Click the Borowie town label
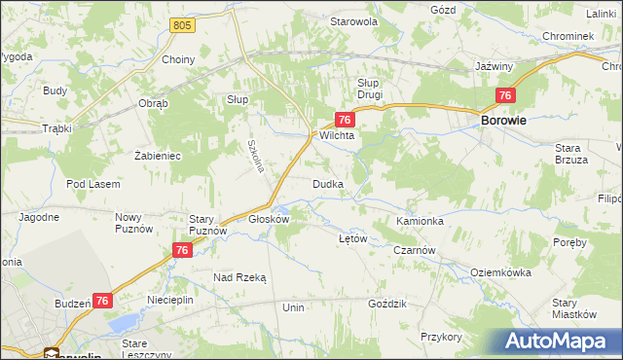(504, 121)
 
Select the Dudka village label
(326, 184)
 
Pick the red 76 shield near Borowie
(504, 94)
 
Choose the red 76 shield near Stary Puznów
(181, 250)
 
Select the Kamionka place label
(420, 221)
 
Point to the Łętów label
(350, 238)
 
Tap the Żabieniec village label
(157, 155)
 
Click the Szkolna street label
(256, 156)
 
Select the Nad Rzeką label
(239, 277)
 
